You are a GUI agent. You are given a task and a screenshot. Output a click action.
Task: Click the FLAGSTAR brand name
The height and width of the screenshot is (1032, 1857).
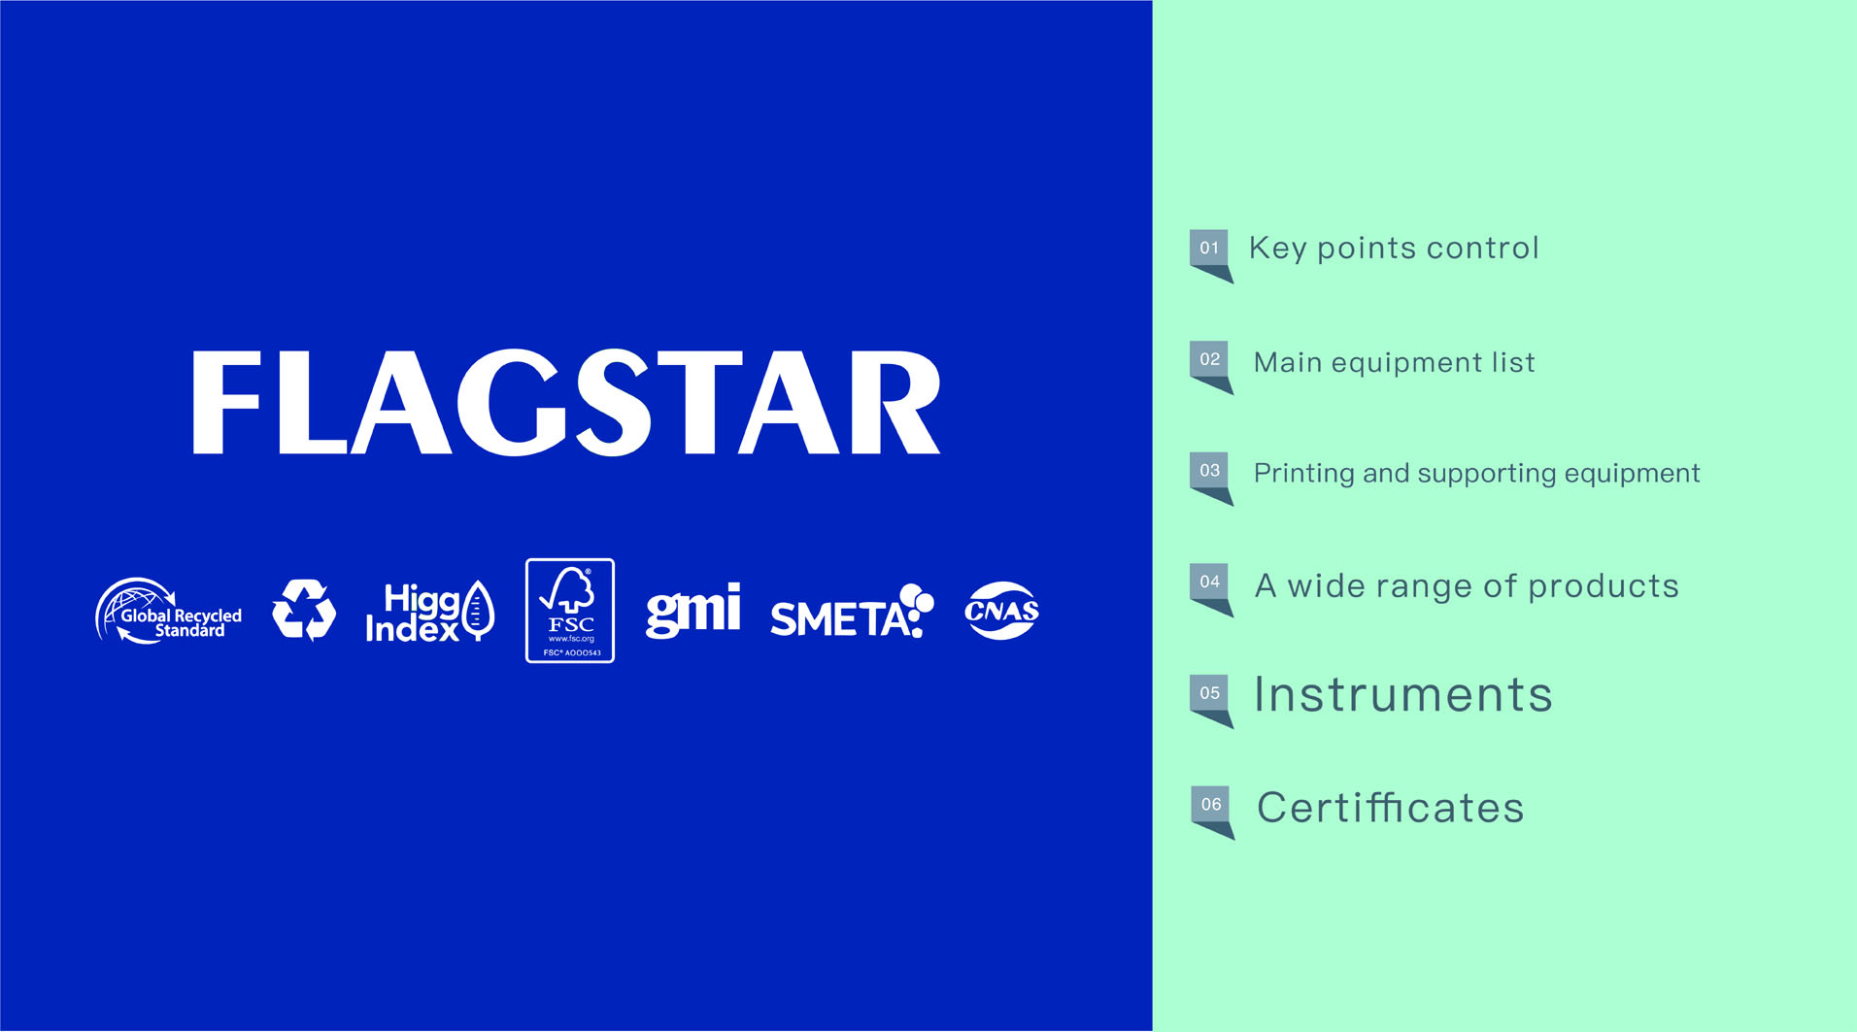(x=566, y=402)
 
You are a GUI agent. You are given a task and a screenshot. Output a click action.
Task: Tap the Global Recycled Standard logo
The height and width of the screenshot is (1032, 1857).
(x=169, y=611)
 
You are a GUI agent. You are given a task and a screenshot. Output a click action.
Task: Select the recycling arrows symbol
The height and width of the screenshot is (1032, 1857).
(x=304, y=611)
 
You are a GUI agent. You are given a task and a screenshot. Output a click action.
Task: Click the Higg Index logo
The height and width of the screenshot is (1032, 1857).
(x=429, y=612)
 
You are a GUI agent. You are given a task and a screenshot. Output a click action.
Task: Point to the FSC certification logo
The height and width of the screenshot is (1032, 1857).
(x=570, y=611)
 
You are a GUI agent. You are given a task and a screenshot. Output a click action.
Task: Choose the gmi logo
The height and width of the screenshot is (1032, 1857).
(x=693, y=611)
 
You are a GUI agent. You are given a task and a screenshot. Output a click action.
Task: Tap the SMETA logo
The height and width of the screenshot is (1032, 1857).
(x=852, y=612)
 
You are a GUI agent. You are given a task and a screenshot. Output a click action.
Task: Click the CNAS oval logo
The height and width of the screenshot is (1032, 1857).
(x=1001, y=611)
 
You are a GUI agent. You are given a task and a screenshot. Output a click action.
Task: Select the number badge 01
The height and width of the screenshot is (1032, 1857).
(x=1210, y=255)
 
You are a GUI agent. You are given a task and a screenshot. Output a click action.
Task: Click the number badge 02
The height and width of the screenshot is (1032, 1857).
(x=1210, y=367)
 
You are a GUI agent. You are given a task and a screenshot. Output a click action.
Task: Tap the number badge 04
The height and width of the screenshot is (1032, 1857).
(x=1210, y=589)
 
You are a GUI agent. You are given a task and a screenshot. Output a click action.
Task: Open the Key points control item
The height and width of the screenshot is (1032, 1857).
(x=1394, y=249)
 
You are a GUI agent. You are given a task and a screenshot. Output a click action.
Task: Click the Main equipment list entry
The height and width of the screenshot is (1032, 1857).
(x=1395, y=362)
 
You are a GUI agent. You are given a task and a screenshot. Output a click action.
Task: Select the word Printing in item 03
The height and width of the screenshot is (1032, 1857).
(x=1304, y=474)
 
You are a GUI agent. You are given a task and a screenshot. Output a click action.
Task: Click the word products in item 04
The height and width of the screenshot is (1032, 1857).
(x=1604, y=586)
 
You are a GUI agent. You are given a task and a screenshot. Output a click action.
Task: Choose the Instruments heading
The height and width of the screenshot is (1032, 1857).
(x=1403, y=695)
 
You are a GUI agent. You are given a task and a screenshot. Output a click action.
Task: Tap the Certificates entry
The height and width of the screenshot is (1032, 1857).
(x=1391, y=808)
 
